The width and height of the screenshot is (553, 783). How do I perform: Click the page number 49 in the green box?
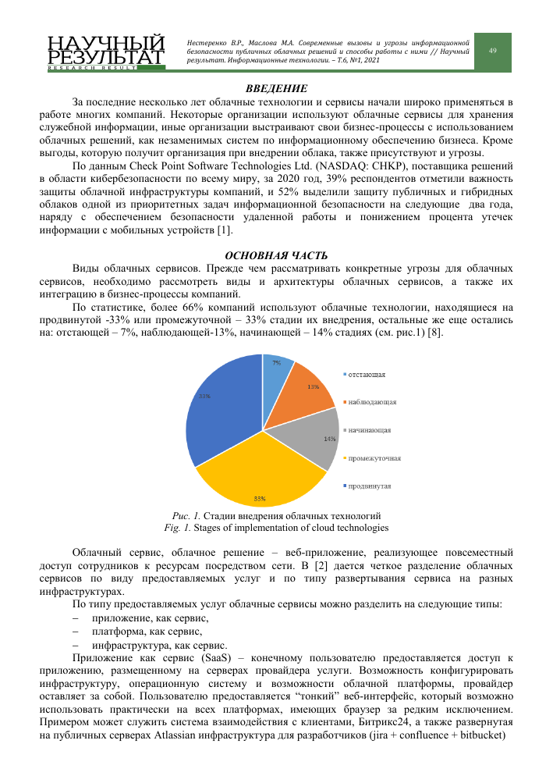click(x=493, y=51)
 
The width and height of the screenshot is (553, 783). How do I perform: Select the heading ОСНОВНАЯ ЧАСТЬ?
click(x=276, y=255)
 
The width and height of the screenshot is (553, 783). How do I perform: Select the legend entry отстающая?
click(x=366, y=375)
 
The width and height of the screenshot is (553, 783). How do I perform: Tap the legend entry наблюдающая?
click(x=371, y=402)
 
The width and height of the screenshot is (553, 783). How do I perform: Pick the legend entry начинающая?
click(x=370, y=429)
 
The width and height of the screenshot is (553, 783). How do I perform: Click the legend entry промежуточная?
click(x=374, y=457)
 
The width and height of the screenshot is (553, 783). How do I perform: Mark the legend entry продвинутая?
click(x=370, y=486)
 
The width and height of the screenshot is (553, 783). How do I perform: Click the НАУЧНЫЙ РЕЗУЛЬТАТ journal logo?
click(x=105, y=52)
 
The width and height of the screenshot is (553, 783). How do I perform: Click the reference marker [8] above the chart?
click(x=440, y=331)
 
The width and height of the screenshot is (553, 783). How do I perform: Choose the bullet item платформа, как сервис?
click(x=147, y=631)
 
